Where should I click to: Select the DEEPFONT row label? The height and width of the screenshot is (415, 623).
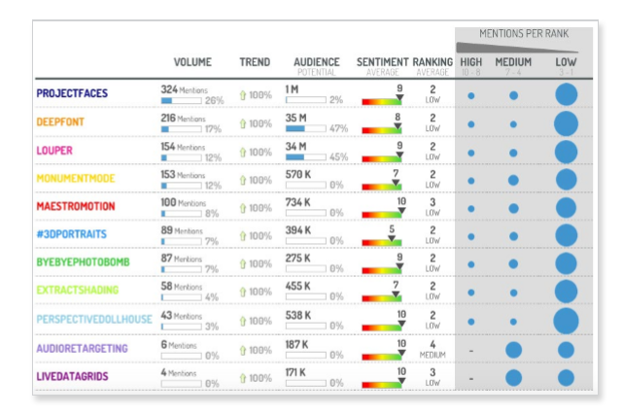pos(60,122)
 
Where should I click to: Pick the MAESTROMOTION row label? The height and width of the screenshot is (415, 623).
pos(76,207)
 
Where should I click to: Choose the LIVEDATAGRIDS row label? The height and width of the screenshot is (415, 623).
pos(73,375)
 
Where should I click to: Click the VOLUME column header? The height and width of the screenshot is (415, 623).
pos(192,63)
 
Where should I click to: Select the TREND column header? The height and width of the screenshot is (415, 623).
pos(256,63)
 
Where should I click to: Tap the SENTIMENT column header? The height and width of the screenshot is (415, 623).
pos(382,63)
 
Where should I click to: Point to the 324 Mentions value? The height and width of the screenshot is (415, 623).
pos(183,88)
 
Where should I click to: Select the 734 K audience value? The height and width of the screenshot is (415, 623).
pos(297,201)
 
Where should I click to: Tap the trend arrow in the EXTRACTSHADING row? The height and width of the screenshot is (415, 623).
pos(243,292)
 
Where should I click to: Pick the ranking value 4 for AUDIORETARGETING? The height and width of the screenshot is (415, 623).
pos(433,343)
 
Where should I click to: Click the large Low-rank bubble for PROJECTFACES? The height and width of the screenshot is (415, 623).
pos(567,95)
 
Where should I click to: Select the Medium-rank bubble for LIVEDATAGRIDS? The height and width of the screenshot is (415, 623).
pos(514,377)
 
